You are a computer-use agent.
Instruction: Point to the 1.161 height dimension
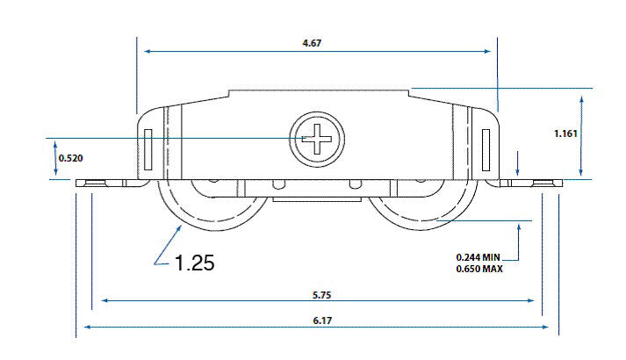click(566, 134)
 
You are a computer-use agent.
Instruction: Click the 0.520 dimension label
click(71, 158)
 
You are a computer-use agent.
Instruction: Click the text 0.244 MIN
click(478, 256)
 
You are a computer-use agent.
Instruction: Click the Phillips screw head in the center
click(318, 139)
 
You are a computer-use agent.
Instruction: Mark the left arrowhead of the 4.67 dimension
click(148, 52)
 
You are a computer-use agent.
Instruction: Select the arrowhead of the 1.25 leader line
click(182, 227)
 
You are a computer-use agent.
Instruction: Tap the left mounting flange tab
click(98, 184)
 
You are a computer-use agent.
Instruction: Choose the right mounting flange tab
click(534, 184)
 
